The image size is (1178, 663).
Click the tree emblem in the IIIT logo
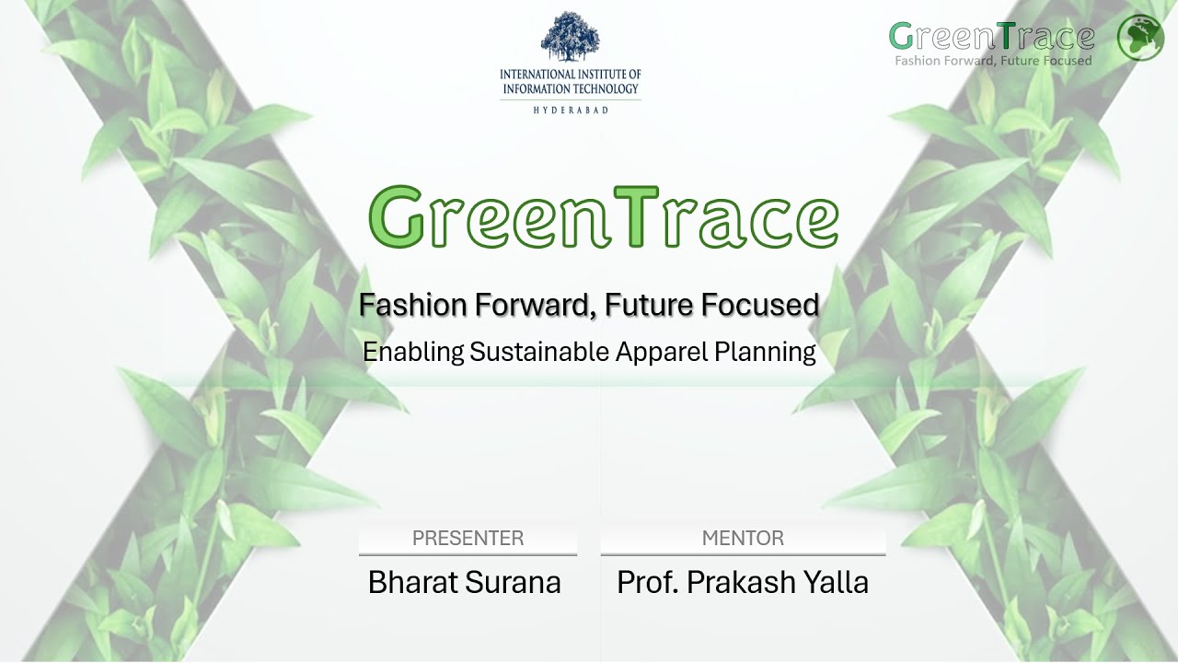click(x=570, y=37)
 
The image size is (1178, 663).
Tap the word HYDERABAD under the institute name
click(x=570, y=110)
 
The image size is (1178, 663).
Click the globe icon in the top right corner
click(x=1140, y=38)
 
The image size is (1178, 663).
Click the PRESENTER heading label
click(x=468, y=539)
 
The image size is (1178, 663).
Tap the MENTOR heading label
click(x=743, y=539)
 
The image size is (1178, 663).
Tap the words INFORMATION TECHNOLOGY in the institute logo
click(x=570, y=89)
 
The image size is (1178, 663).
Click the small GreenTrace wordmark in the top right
click(x=992, y=37)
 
